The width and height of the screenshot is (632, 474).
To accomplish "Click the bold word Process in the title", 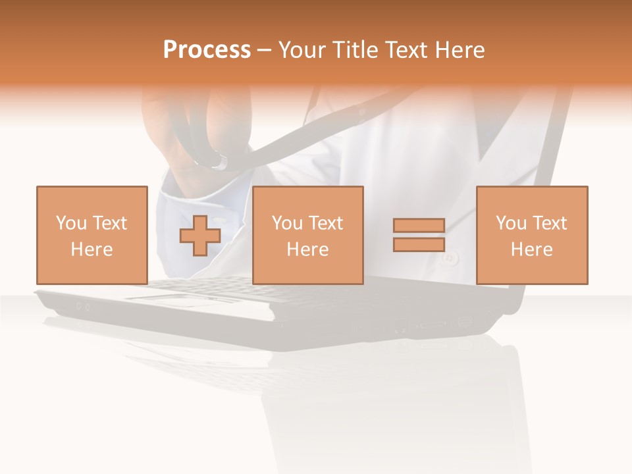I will point(207,50).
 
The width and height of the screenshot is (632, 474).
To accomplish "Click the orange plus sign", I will point(200,235).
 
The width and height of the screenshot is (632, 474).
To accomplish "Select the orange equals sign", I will point(419,235).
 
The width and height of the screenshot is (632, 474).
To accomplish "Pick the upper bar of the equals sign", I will point(419,226).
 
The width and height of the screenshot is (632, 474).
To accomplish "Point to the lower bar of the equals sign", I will point(419,244).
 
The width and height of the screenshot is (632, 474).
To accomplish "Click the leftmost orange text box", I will point(92,235).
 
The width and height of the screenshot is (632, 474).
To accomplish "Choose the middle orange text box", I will point(307,235).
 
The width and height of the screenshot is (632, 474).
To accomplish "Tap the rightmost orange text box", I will point(531,235).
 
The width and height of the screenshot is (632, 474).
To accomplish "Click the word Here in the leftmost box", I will point(92,250).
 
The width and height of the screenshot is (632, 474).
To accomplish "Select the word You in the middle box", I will point(287,223).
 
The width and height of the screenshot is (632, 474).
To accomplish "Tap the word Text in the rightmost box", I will point(550,223).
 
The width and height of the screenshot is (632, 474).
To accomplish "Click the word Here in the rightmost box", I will point(531,250).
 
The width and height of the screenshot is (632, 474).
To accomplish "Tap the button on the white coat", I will point(450,259).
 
